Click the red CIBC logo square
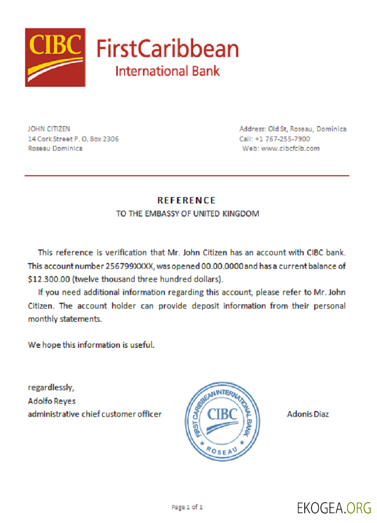tap(55, 57)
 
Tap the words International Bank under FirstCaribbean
tap(167, 71)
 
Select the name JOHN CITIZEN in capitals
tap(49, 129)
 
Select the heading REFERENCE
tap(186, 200)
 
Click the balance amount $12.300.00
tap(49, 278)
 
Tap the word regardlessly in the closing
tap(51, 388)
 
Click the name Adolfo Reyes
tap(51, 401)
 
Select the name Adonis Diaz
tap(308, 414)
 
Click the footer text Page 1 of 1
tap(187, 507)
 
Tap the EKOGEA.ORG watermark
tap(334, 507)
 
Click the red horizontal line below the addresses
tap(187, 176)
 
